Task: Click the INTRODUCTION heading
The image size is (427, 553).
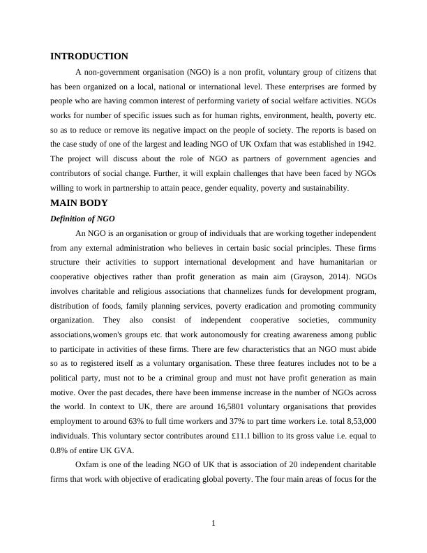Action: [89, 57]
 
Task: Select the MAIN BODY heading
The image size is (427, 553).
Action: [80, 203]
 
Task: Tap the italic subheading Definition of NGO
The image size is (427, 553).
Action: [82, 219]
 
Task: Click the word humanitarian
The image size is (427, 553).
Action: [338, 261]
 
